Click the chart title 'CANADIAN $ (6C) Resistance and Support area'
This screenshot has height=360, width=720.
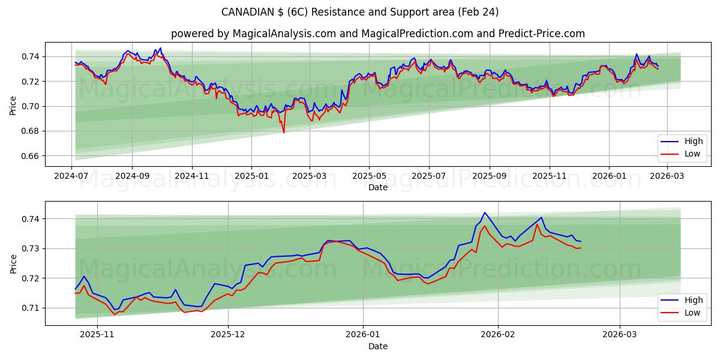[x=359, y=12]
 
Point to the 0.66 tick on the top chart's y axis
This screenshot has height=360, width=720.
[x=30, y=156]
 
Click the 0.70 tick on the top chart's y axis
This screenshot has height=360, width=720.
[x=30, y=106]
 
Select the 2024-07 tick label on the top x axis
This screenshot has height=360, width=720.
[x=72, y=176]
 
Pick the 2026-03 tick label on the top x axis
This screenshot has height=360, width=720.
[x=668, y=176]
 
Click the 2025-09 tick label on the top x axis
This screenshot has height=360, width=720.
[x=489, y=176]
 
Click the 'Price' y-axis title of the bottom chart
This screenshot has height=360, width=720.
[x=13, y=263]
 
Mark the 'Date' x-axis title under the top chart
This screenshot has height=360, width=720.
[x=378, y=187]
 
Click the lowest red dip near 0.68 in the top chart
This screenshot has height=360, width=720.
[x=284, y=132]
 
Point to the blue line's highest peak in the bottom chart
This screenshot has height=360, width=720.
[x=484, y=212]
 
